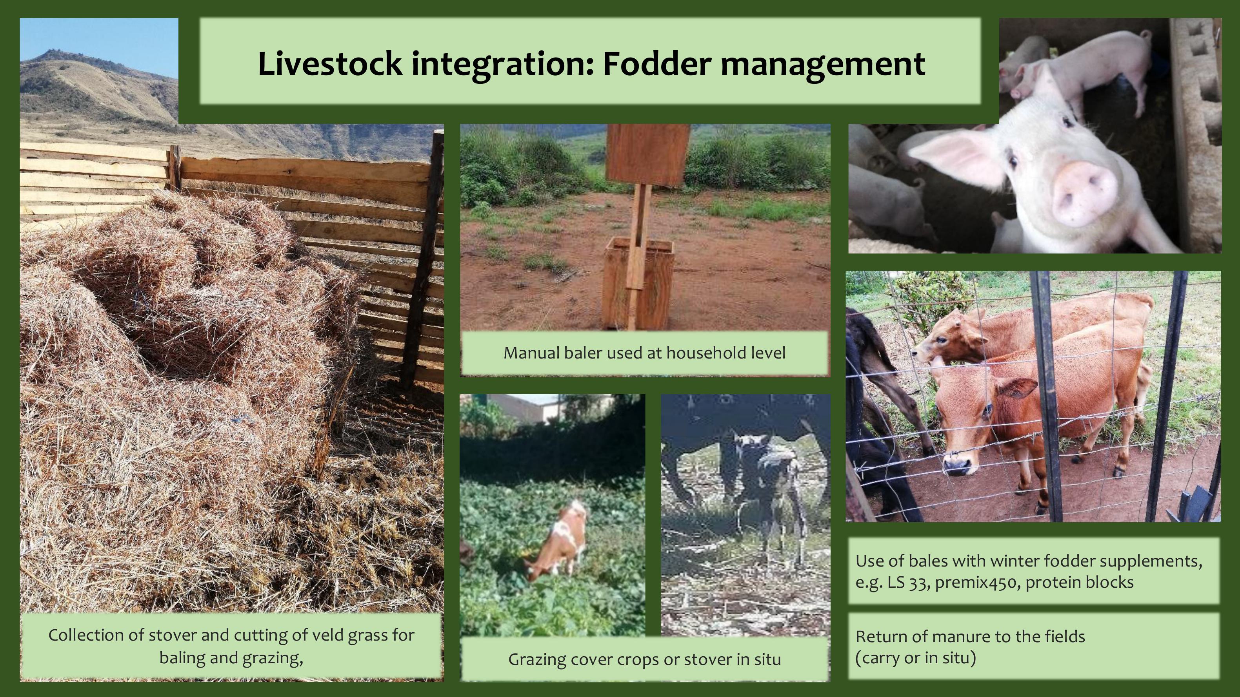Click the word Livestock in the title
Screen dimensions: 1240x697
coord(330,63)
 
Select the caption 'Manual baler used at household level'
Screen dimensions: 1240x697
coord(644,353)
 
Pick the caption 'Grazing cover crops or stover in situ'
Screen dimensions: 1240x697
coord(644,659)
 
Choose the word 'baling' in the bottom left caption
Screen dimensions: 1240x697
coord(181,657)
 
